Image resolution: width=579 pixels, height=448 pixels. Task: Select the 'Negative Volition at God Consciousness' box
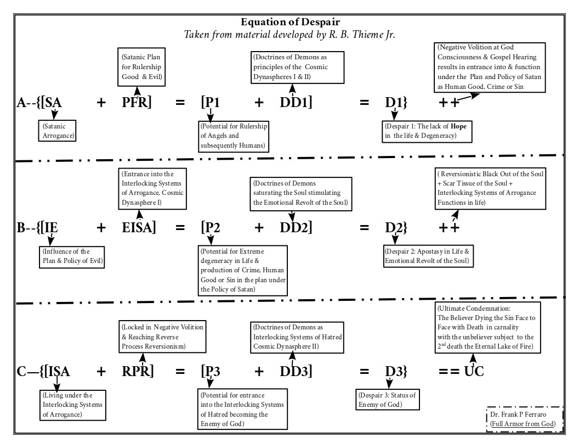tap(490, 67)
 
